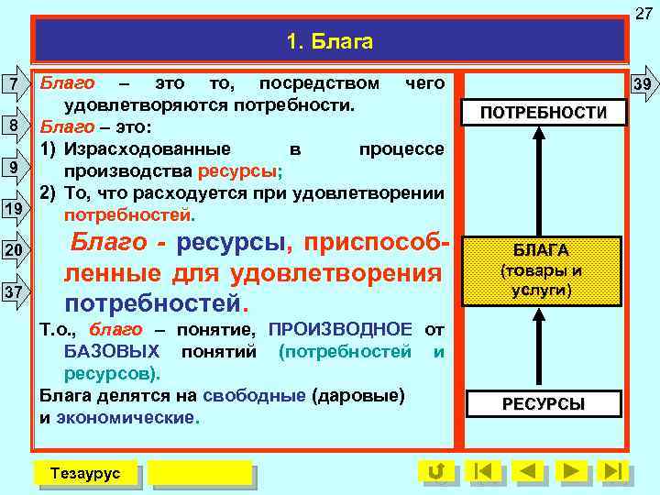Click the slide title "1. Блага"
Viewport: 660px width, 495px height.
329,42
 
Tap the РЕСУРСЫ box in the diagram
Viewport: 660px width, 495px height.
543,404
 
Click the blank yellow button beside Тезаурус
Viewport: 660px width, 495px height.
200,472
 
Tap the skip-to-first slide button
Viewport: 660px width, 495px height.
483,472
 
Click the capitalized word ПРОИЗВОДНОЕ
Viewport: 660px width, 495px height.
341,329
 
